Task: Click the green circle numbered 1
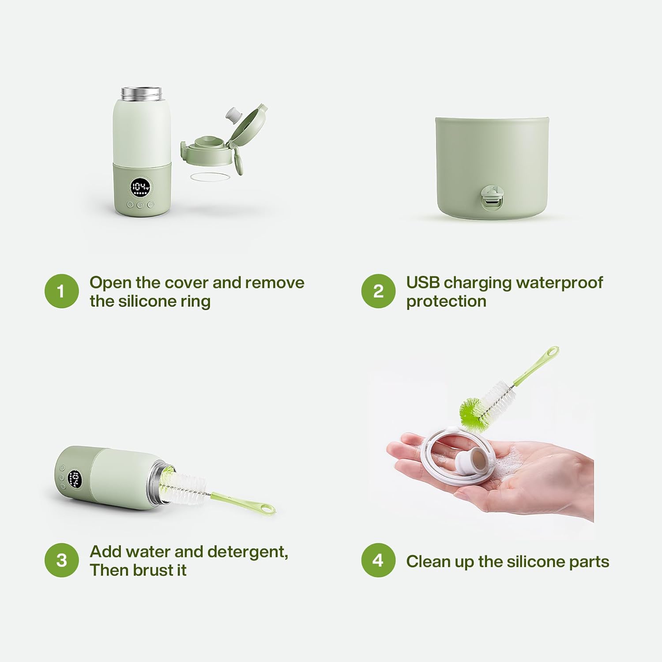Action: pyautogui.click(x=61, y=291)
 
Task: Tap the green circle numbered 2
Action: pyautogui.click(x=378, y=291)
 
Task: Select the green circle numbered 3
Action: pyautogui.click(x=61, y=560)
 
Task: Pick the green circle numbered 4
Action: pyautogui.click(x=378, y=560)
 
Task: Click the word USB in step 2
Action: pyautogui.click(x=422, y=282)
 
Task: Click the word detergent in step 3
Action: pyautogui.click(x=247, y=552)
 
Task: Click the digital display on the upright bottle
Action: pyautogui.click(x=140, y=188)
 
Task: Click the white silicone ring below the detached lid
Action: pyautogui.click(x=211, y=176)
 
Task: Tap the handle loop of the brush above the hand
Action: pyautogui.click(x=552, y=353)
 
